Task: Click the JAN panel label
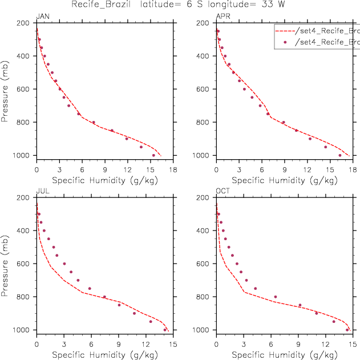[x=43, y=16]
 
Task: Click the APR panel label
[x=223, y=16]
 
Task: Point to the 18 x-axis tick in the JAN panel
[x=173, y=169]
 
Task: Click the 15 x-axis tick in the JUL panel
[x=173, y=344]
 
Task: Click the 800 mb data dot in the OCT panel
[x=276, y=297]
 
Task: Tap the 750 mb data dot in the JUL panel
[x=90, y=288]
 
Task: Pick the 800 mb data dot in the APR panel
[x=283, y=122]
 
